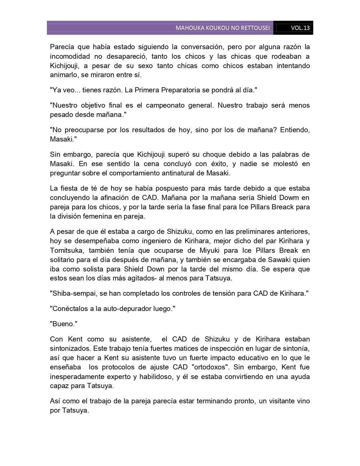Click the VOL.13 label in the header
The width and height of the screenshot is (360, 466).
pyautogui.click(x=300, y=28)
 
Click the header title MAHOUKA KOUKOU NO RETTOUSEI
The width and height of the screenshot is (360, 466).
pyautogui.click(x=222, y=28)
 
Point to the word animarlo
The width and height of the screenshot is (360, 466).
pyautogui.click(x=63, y=75)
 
